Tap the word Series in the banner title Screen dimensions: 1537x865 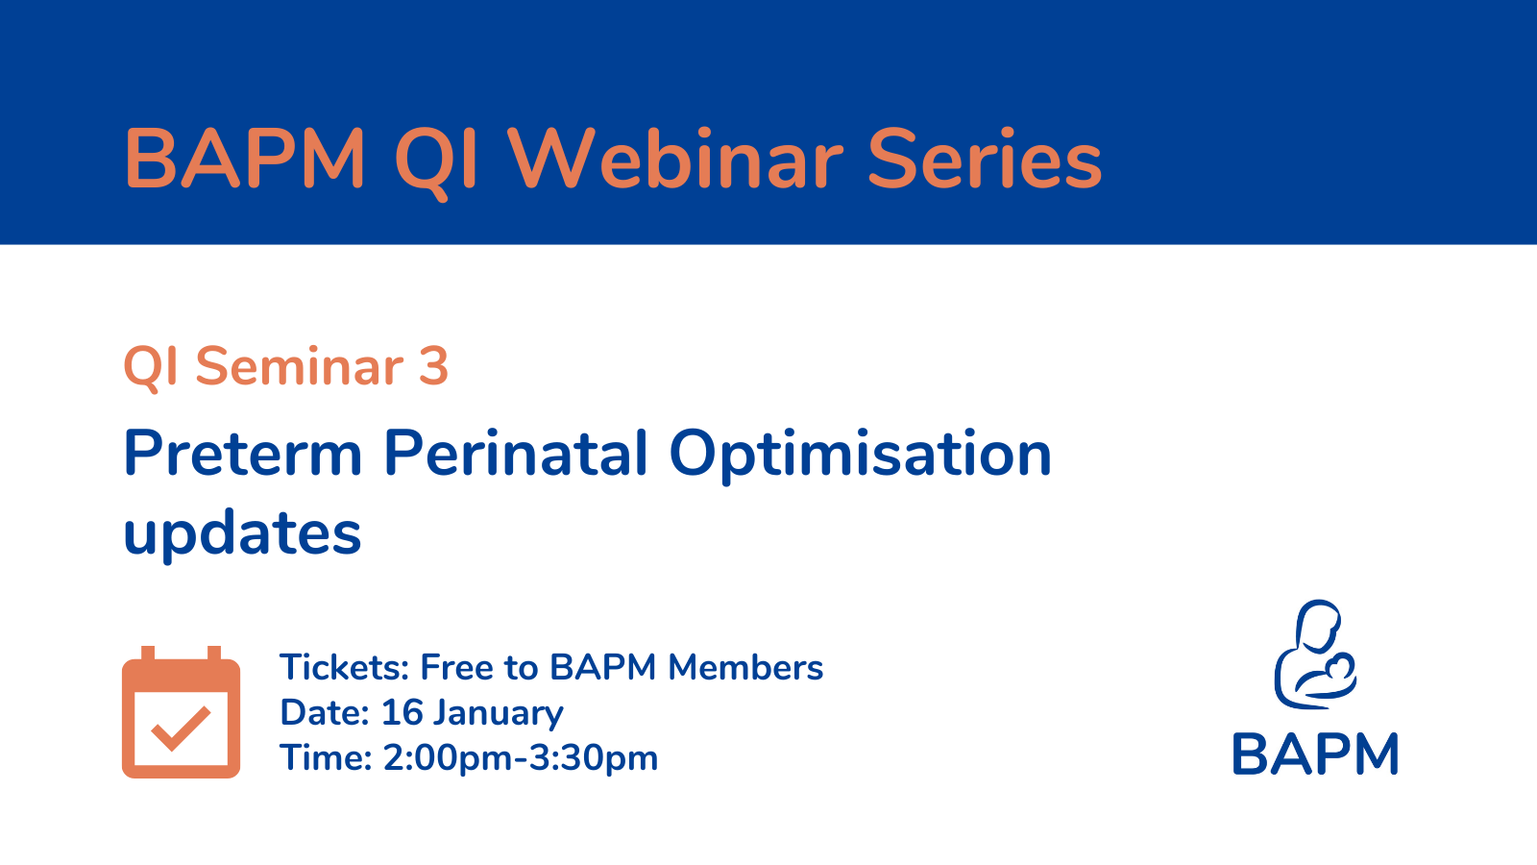tap(985, 159)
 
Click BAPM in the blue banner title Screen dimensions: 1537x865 tap(244, 159)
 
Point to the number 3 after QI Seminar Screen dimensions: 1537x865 tap(433, 365)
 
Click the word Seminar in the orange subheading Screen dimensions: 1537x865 tap(299, 365)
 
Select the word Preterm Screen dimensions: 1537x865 tap(242, 453)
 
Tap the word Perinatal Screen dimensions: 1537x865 tap(515, 452)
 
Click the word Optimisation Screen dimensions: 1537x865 tap(861, 456)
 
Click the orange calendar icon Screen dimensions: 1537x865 tap(182, 712)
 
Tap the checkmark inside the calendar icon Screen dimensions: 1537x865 tap(182, 728)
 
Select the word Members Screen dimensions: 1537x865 tap(745, 667)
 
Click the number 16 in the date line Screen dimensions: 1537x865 tap(403, 712)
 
